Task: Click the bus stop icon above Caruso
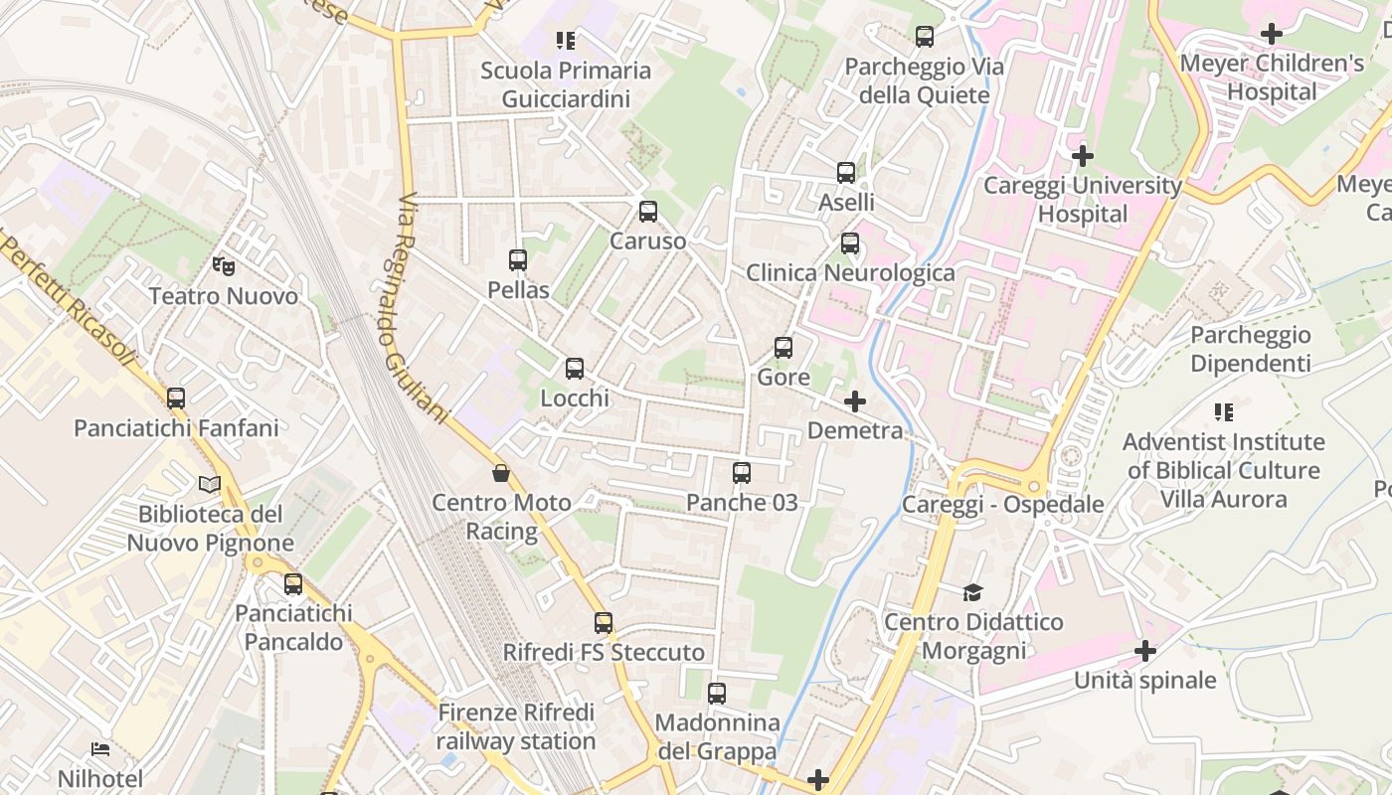[x=648, y=212]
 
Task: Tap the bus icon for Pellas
[x=518, y=260]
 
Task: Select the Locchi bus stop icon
[x=575, y=369]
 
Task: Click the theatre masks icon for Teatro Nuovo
[x=224, y=266]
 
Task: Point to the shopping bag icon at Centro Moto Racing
[x=501, y=473]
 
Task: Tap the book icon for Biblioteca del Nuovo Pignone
[x=210, y=485]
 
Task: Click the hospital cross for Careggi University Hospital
[x=1083, y=156]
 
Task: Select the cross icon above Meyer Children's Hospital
[x=1271, y=34]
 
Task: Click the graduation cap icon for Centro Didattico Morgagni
[x=972, y=593]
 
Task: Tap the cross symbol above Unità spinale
[x=1145, y=651]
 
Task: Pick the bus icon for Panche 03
[x=742, y=473]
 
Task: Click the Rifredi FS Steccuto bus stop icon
[x=604, y=623]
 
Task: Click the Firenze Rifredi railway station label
[x=516, y=727]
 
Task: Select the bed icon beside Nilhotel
[x=100, y=748]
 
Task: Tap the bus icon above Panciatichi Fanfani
[x=176, y=398]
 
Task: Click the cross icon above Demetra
[x=854, y=401]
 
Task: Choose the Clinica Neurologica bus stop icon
[x=850, y=243]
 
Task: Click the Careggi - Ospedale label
[x=1002, y=504]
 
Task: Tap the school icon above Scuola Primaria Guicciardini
[x=566, y=41]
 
